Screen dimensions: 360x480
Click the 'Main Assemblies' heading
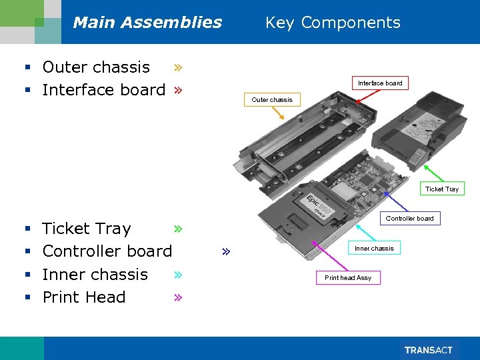[x=147, y=23]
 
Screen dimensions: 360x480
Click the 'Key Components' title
[x=333, y=23]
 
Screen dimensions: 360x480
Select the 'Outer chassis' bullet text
[x=96, y=67]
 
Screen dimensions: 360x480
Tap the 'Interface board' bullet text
[x=103, y=90]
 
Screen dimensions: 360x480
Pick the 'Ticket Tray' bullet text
[x=86, y=229]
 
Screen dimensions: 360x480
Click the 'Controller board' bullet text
[x=107, y=251]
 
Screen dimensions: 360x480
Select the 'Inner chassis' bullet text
[x=95, y=274]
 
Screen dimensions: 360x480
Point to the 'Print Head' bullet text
[x=83, y=297]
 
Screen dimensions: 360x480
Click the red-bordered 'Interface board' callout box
[x=380, y=83]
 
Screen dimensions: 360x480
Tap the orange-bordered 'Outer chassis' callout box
[x=271, y=100]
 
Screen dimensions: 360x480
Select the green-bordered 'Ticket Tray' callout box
[x=441, y=189]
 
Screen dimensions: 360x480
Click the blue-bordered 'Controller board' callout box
[x=409, y=219]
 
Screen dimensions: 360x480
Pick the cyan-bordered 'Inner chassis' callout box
[x=374, y=249]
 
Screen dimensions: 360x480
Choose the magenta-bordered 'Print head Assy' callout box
[x=348, y=278]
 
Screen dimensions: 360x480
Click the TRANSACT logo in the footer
[x=429, y=350]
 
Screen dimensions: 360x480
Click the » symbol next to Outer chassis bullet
[x=178, y=67]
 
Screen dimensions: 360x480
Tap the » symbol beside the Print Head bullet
[x=178, y=297]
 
